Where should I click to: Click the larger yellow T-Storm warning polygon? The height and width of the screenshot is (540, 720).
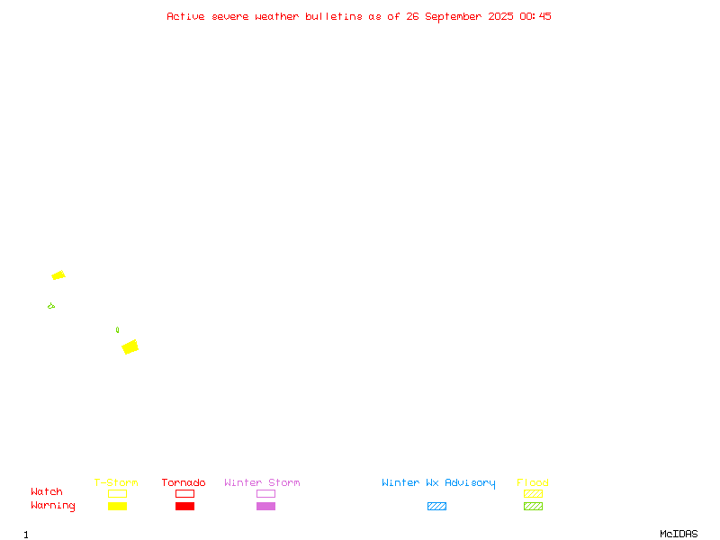130,346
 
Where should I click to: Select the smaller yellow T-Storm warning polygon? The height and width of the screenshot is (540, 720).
58,275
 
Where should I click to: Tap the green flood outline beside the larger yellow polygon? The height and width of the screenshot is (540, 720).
118,329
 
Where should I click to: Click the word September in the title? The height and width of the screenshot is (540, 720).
453,16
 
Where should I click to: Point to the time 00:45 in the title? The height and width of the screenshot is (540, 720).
535,16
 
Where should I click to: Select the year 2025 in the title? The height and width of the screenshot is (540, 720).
500,16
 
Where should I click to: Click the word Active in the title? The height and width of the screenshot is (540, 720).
185,16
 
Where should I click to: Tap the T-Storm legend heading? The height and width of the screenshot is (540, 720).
116,482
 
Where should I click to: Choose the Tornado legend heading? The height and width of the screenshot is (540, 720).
184,482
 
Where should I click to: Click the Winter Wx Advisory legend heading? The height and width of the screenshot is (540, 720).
438,483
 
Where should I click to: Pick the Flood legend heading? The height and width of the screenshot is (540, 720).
533,482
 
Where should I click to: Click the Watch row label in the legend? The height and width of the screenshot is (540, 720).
47,491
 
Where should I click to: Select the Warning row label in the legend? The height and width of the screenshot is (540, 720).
53,506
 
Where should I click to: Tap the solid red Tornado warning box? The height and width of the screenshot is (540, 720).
185,506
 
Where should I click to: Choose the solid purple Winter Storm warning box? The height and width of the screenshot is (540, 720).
265,506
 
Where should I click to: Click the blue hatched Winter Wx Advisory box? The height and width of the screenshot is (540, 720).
436,506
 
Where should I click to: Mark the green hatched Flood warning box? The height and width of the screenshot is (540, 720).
533,506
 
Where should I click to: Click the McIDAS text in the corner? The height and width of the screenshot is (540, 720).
679,534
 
